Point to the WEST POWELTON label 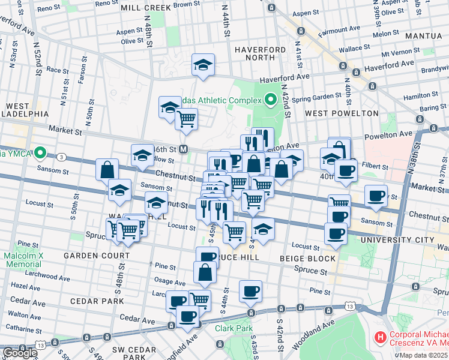point(342,113)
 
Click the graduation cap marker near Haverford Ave point(203,65)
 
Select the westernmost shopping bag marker point(107,169)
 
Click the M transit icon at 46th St point(184,149)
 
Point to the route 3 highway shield point(62,157)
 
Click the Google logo point(20,353)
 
